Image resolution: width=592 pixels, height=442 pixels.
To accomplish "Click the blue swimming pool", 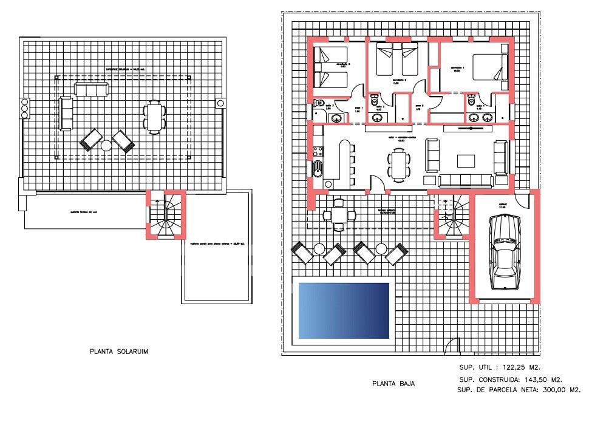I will pos(344,310).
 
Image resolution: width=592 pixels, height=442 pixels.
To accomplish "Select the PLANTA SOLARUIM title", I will pos(119,351).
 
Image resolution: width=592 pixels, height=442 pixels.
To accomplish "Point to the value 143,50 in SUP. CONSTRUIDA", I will pos(524,379).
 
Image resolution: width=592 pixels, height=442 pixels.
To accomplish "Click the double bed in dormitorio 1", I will pos(489,66).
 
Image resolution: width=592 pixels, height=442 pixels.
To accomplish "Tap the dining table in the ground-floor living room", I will pos(398,165).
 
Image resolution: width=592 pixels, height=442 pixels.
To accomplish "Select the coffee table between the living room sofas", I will pos(466,161).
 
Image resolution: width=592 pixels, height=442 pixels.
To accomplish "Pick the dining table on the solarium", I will pos(154,117).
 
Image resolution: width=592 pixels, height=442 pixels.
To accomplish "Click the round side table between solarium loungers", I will pos(106,145).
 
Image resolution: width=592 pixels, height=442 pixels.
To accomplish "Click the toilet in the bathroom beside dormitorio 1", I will pos(471,102).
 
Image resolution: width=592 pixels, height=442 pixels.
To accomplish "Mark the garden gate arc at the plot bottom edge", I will pos(451,348).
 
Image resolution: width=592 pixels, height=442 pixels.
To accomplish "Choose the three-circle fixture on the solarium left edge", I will pos(25,108).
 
